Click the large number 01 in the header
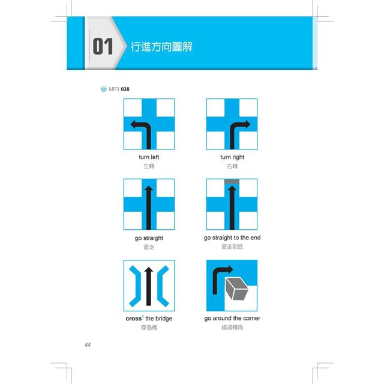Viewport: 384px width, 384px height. tap(103, 46)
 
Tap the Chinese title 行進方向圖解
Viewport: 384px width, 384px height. tap(161, 47)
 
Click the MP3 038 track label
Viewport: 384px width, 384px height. tap(119, 89)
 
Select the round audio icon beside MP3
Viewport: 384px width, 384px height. tap(104, 89)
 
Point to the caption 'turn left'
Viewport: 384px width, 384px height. tap(149, 157)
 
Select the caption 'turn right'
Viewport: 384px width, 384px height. tap(232, 157)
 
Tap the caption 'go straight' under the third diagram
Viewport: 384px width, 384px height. tap(149, 238)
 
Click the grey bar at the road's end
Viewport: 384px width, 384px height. tap(232, 181)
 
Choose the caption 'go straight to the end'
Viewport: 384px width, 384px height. tap(232, 238)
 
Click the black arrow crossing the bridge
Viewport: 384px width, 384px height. tap(149, 286)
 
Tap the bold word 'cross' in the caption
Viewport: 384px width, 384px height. tap(133, 319)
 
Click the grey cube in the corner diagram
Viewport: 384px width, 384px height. tap(236, 289)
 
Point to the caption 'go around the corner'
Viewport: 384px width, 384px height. tap(232, 319)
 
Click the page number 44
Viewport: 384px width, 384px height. tap(88, 345)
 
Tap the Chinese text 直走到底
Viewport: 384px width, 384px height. tap(232, 247)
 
